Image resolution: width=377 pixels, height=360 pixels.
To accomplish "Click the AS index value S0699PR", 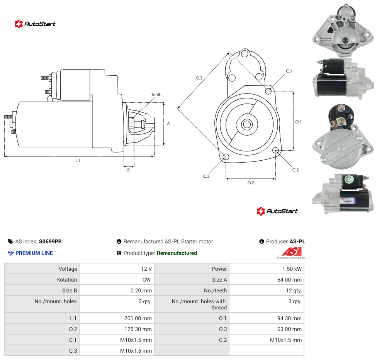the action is (x=50, y=241).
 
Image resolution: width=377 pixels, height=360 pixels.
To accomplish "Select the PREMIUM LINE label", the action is (x=34, y=253).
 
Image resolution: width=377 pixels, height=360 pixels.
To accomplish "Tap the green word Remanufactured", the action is (x=177, y=253).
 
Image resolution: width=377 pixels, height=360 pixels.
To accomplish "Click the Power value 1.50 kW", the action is (x=292, y=269).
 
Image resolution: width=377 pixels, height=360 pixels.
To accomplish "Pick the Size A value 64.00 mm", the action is (x=289, y=280).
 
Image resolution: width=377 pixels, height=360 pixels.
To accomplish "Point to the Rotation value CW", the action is (x=147, y=280).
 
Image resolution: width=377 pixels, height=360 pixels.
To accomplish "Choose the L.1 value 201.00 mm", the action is (x=138, y=318).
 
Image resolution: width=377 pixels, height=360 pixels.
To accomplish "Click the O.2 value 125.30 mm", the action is (x=138, y=329).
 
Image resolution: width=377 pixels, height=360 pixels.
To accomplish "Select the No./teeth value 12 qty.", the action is (x=294, y=290).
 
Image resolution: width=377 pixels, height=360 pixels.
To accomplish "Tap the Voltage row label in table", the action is (x=68, y=269).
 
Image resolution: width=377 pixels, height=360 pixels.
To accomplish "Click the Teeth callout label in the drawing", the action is (x=156, y=95).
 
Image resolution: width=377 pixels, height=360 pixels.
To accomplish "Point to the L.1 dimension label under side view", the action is (x=77, y=161).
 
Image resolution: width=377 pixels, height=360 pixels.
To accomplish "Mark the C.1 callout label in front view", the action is (x=289, y=71).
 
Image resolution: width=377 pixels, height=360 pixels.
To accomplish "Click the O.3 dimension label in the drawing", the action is (x=199, y=78).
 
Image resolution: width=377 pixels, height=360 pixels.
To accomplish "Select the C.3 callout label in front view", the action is (x=206, y=176).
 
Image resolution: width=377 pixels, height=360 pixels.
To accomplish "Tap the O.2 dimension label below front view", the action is (x=251, y=183).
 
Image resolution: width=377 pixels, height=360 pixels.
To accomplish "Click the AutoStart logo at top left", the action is (x=35, y=24).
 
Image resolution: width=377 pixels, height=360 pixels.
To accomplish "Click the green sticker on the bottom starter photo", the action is (x=348, y=179).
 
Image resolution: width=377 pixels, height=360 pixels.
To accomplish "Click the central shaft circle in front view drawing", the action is (x=247, y=124).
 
